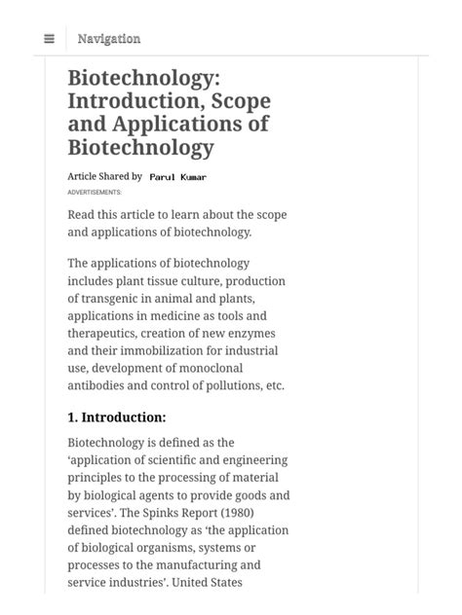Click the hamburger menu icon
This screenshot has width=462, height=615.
point(49,39)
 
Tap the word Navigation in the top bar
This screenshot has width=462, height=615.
point(109,39)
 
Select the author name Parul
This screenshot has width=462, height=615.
point(162,178)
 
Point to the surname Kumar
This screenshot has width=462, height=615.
point(193,178)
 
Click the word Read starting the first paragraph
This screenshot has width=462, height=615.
point(84,214)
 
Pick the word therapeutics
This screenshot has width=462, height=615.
point(106,334)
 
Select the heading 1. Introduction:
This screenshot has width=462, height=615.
point(117,417)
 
